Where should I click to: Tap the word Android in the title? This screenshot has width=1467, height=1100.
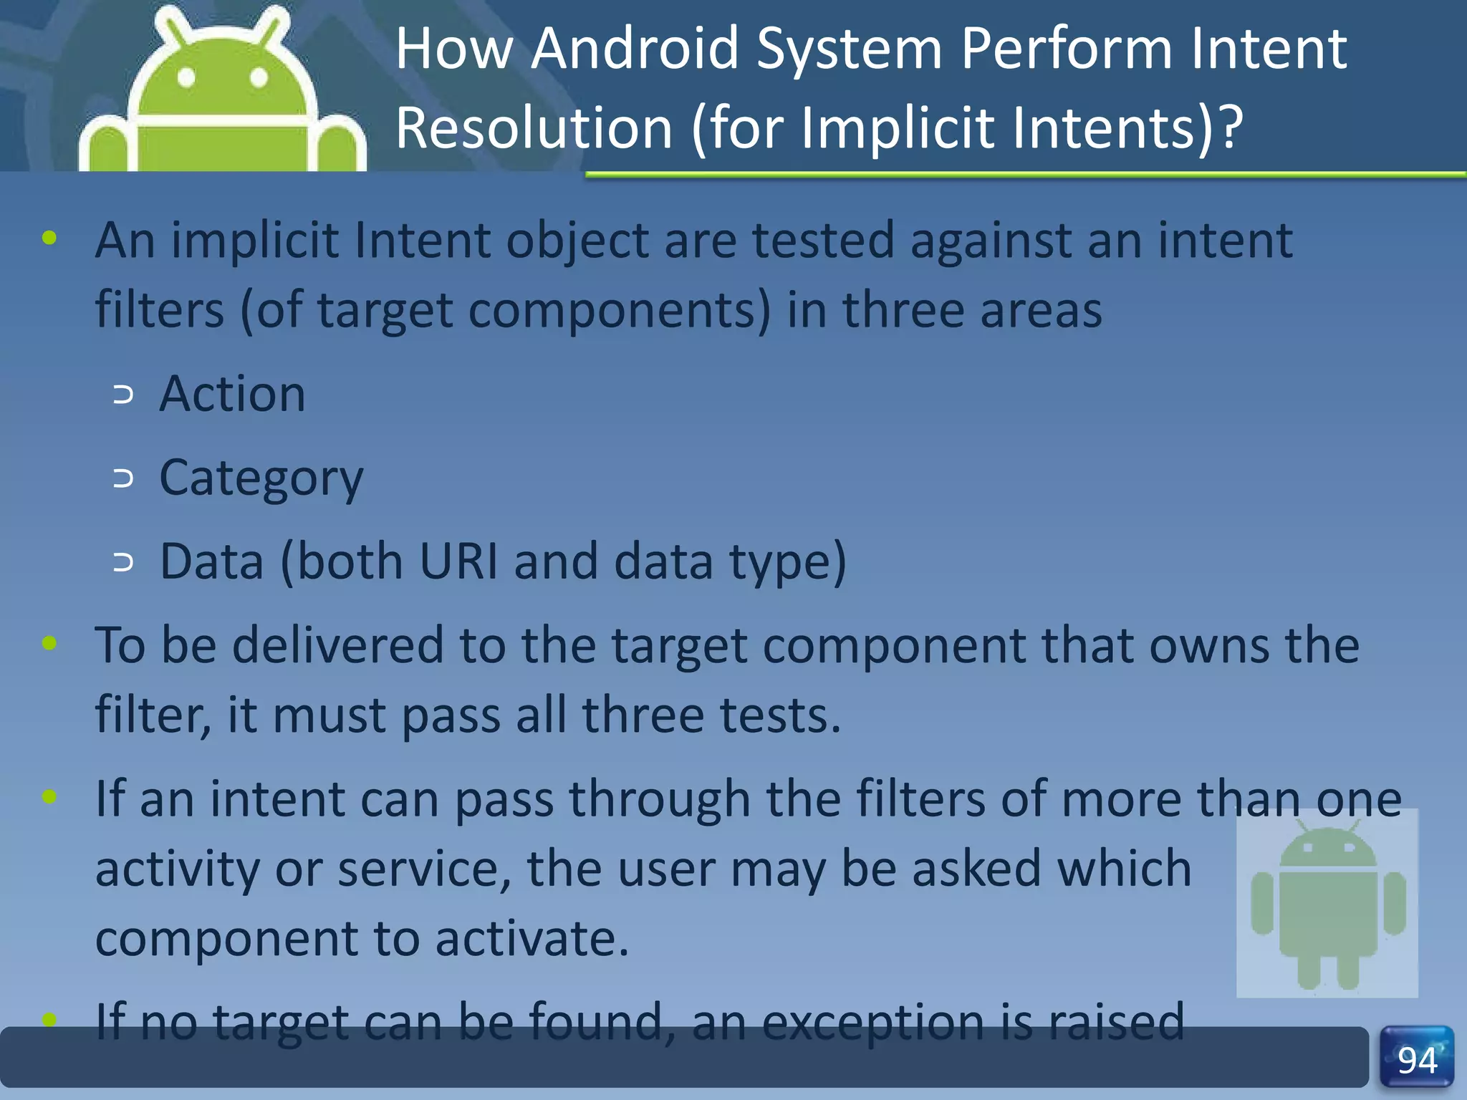tap(634, 49)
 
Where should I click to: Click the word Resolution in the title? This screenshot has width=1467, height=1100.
tap(534, 128)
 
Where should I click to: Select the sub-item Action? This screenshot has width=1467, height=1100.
tap(232, 394)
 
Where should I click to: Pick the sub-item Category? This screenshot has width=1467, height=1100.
tap(261, 478)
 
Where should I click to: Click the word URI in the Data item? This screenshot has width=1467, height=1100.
tap(458, 561)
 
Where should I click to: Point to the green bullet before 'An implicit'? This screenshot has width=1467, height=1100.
tap(49, 238)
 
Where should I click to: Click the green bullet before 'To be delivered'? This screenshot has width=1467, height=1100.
tap(49, 643)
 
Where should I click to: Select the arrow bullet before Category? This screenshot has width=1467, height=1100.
tap(123, 478)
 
